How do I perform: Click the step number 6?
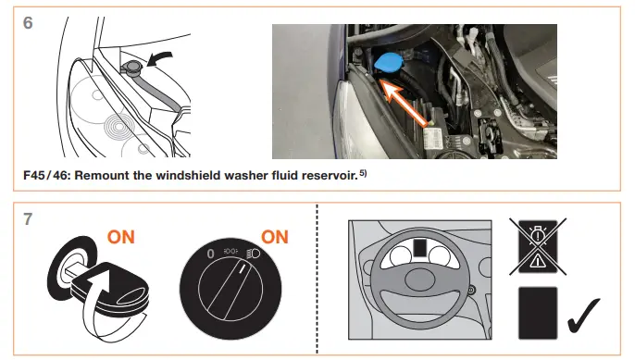(29, 21)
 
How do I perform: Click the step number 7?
(28, 223)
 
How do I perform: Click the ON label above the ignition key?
(120, 237)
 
